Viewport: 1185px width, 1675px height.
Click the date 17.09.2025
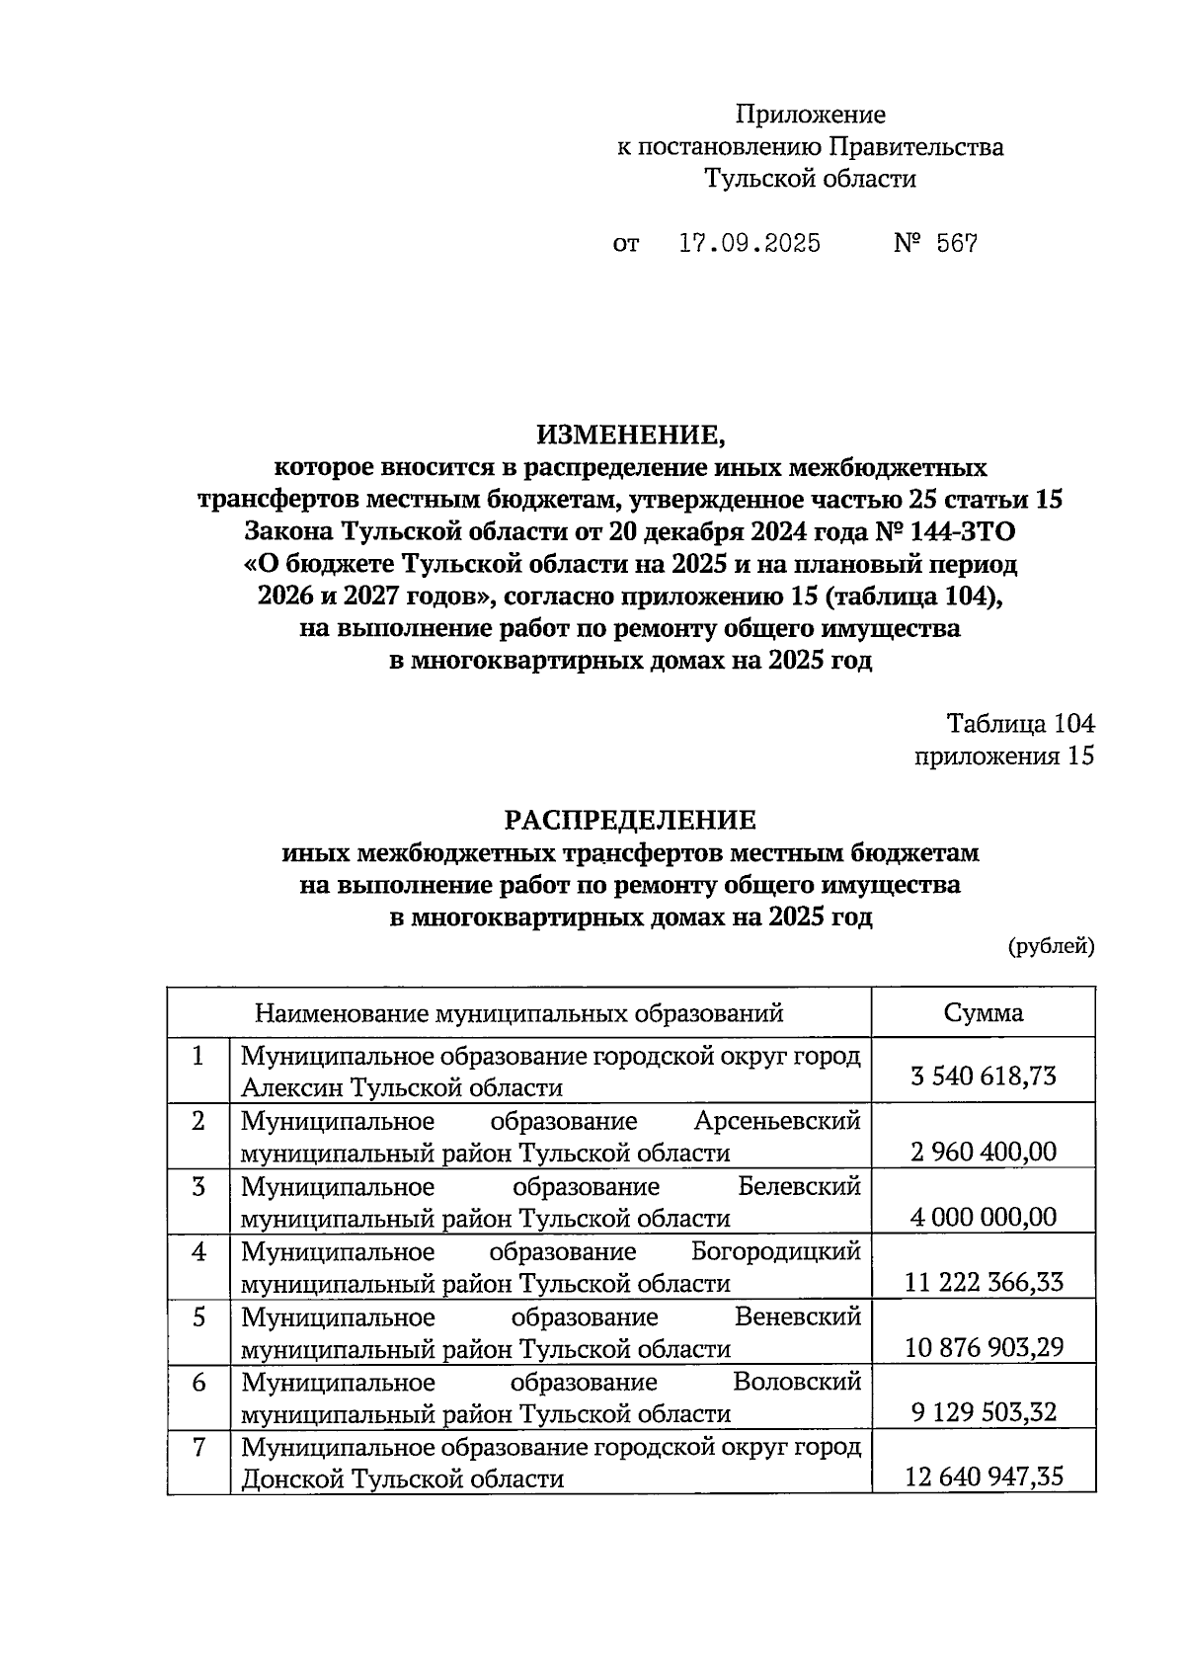click(x=750, y=243)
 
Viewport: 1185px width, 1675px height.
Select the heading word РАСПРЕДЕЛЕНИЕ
click(x=630, y=820)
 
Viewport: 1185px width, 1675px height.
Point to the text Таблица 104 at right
click(x=1021, y=723)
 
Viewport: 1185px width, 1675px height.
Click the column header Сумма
click(x=983, y=1012)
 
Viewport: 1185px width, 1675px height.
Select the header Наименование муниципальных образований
click(x=519, y=1012)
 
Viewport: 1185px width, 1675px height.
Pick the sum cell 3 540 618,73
click(x=984, y=1075)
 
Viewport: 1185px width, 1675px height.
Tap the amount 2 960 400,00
click(x=984, y=1151)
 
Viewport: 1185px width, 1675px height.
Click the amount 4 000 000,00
click(x=984, y=1216)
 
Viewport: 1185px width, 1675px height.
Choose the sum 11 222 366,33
click(x=984, y=1282)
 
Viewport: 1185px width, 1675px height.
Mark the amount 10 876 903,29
click(x=984, y=1347)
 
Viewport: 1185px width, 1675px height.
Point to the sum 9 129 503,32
click(x=984, y=1412)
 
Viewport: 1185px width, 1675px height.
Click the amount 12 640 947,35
click(x=984, y=1477)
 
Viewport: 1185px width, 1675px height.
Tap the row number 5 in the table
click(x=198, y=1317)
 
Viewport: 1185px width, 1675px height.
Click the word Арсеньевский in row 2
click(x=777, y=1121)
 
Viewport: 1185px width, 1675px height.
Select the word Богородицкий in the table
click(x=776, y=1252)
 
